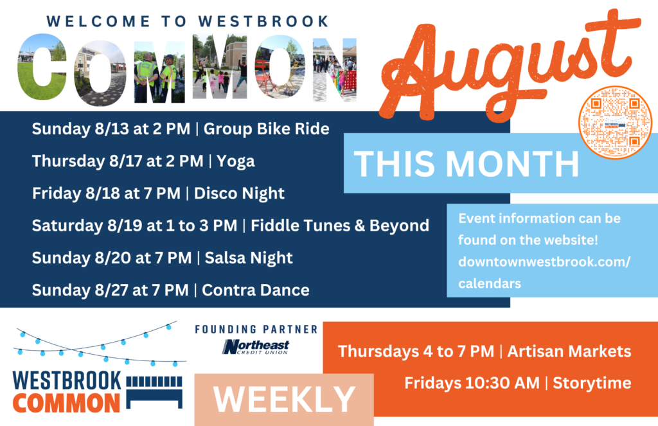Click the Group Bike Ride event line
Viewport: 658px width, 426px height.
click(266, 129)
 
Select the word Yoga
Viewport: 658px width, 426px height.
click(236, 161)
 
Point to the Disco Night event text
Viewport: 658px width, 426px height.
click(239, 193)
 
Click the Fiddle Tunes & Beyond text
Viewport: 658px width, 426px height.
click(340, 226)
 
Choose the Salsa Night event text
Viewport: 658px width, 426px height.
click(247, 258)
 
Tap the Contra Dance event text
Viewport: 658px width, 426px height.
click(256, 290)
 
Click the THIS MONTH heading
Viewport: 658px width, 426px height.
click(467, 163)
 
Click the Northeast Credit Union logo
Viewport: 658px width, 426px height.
click(256, 347)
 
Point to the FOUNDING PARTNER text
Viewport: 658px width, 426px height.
click(256, 330)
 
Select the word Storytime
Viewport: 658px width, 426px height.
click(592, 384)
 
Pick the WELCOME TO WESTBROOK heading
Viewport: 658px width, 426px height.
click(188, 21)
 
